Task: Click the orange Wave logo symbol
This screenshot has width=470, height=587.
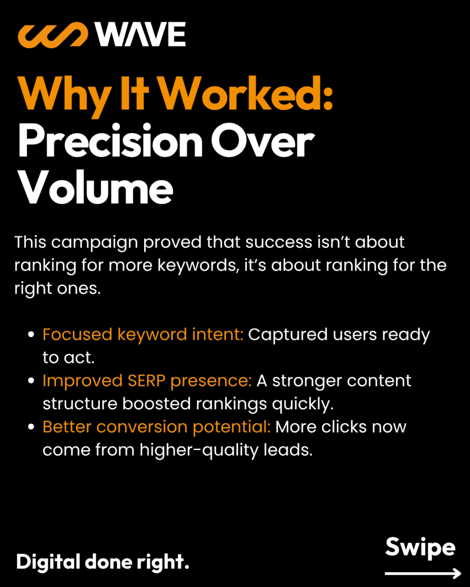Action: pos(53,35)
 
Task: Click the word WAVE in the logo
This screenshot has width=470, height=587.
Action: pos(140,34)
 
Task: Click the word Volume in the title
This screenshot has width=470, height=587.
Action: pos(95,187)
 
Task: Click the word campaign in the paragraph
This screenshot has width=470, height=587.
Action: pos(95,243)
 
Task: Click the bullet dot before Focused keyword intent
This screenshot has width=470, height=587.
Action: pos(32,334)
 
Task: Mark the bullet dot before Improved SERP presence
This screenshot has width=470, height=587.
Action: pos(32,381)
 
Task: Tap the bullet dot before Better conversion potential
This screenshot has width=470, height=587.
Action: pos(32,426)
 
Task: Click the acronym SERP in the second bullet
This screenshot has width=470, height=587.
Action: pos(146,381)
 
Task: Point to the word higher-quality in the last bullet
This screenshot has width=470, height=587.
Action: pos(199,450)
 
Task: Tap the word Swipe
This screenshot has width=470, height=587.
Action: pos(420,548)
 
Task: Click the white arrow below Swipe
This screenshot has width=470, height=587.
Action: pos(423,573)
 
